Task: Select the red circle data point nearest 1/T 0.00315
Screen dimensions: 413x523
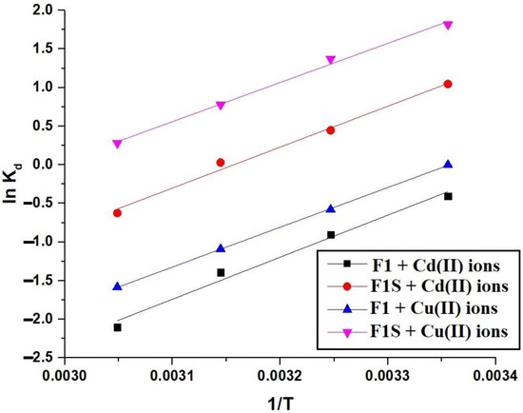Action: point(221,163)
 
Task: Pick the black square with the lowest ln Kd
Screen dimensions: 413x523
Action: point(117,327)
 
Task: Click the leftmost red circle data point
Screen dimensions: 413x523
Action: point(117,213)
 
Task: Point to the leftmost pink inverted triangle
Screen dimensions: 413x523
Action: point(117,144)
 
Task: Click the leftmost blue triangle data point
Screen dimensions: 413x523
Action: point(117,285)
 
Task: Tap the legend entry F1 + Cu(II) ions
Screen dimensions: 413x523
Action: point(408,308)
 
